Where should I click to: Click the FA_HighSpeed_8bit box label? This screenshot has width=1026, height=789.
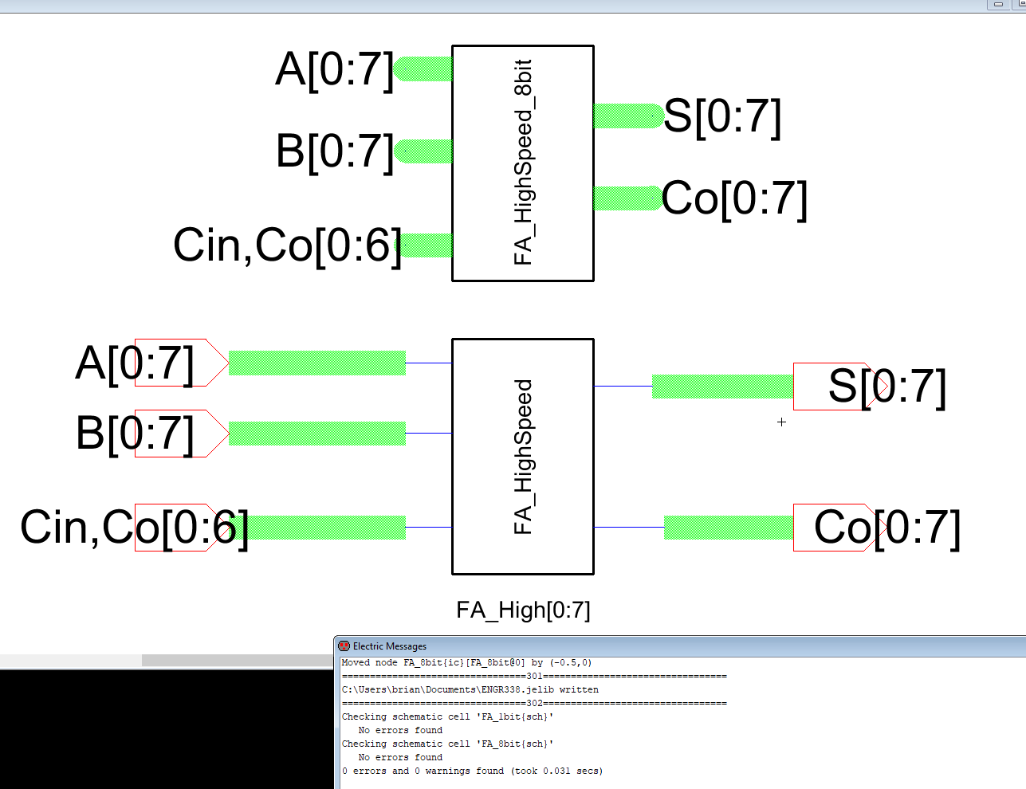[x=523, y=162]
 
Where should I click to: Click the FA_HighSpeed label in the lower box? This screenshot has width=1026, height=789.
[x=523, y=457]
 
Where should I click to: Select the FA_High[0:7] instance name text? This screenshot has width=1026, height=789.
[x=523, y=610]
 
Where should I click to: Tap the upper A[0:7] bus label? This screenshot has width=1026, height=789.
[x=335, y=69]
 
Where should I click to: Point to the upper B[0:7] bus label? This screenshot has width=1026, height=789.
[x=335, y=151]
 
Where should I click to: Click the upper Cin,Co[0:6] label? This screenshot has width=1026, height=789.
[x=287, y=245]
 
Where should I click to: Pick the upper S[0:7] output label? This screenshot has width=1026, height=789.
[x=722, y=116]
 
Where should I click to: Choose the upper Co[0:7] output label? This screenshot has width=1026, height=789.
[x=734, y=198]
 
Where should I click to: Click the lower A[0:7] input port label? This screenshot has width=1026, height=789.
[x=135, y=363]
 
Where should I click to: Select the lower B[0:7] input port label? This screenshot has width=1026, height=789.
[x=135, y=434]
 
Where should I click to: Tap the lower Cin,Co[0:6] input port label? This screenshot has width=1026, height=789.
[x=134, y=528]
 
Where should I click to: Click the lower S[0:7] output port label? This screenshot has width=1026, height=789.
[x=886, y=387]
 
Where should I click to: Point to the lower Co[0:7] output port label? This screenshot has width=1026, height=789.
[x=886, y=528]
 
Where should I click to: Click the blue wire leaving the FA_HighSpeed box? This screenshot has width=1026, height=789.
[x=623, y=387]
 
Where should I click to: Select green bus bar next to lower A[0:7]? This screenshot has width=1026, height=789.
[x=317, y=363]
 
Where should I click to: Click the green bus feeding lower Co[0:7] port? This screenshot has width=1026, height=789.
[x=729, y=528]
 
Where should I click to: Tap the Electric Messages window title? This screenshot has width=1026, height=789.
[x=390, y=646]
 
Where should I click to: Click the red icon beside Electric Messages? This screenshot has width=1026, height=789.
[x=344, y=646]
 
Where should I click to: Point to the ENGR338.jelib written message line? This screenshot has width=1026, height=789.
[x=470, y=689]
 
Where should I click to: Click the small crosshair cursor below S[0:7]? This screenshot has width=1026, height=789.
[x=781, y=422]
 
